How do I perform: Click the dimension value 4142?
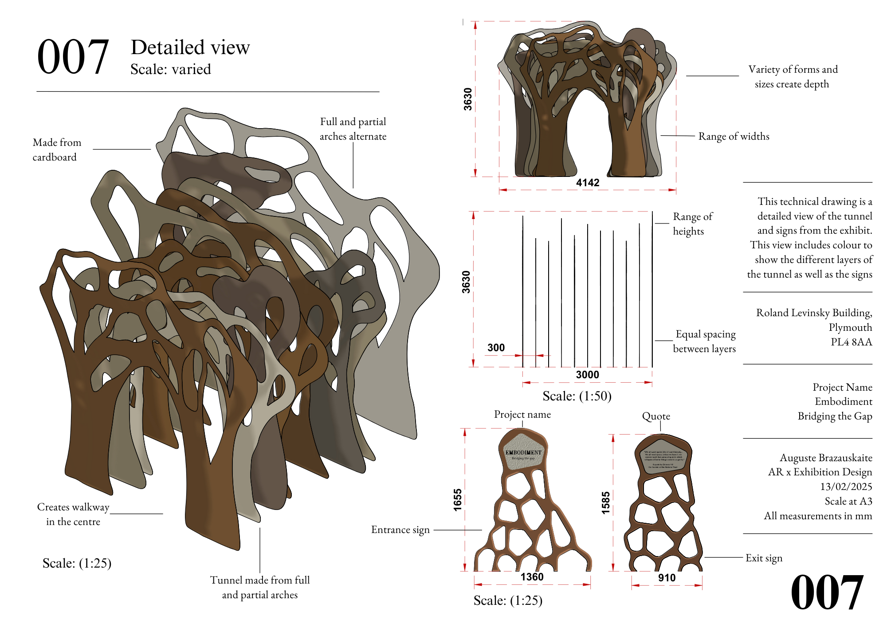(588, 183)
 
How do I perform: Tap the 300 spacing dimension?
(496, 348)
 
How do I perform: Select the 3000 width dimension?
(587, 375)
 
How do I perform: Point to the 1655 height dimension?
(458, 500)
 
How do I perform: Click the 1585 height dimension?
(606, 502)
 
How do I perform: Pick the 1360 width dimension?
(532, 577)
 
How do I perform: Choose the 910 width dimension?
(667, 578)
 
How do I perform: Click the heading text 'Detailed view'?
(190, 47)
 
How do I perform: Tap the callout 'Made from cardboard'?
(57, 150)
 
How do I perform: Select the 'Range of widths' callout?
(734, 137)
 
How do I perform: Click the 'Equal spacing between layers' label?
(705, 341)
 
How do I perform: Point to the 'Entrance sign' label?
(400, 530)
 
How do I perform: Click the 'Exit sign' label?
(764, 558)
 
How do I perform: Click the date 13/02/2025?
(846, 487)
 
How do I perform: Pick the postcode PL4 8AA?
(851, 342)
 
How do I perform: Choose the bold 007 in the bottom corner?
(827, 592)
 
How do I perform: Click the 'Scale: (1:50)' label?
(577, 396)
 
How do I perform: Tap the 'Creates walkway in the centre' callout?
(73, 514)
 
